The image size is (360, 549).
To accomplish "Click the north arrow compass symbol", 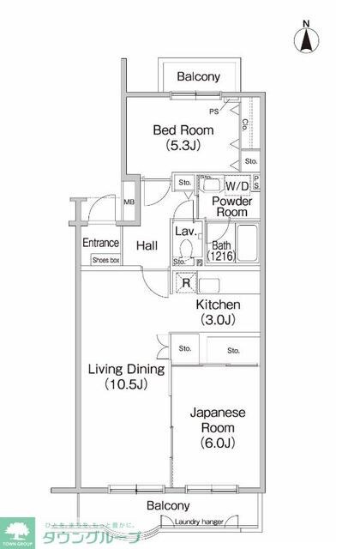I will (306, 38).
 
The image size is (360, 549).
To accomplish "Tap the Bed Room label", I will (183, 130).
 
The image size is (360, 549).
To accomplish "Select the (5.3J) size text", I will (183, 146).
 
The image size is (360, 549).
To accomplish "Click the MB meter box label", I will (129, 202).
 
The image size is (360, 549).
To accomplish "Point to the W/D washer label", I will (237, 185).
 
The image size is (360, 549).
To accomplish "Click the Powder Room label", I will (231, 206).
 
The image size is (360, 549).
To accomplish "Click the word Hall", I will (147, 246).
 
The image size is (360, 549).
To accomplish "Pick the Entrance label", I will (100, 243).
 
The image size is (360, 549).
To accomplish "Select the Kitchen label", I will (218, 305).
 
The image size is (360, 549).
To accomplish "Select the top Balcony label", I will (198, 77).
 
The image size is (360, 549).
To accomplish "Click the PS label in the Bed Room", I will (213, 112).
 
